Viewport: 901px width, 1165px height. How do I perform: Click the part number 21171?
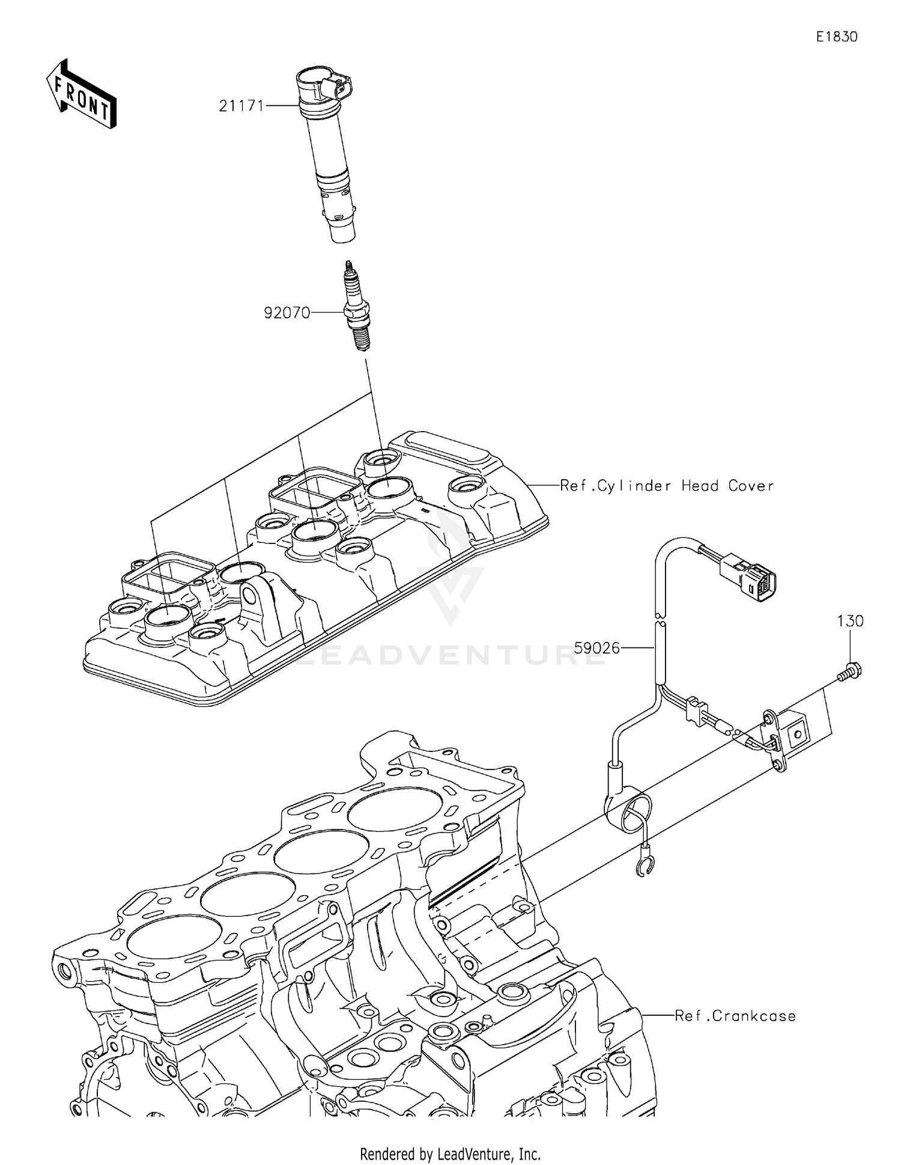pos(241,106)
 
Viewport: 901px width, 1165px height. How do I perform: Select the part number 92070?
pos(287,313)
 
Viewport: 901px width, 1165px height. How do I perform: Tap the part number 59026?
pos(596,648)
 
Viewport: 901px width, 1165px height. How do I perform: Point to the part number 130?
pos(851,622)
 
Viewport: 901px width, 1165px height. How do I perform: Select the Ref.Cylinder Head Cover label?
pos(667,486)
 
